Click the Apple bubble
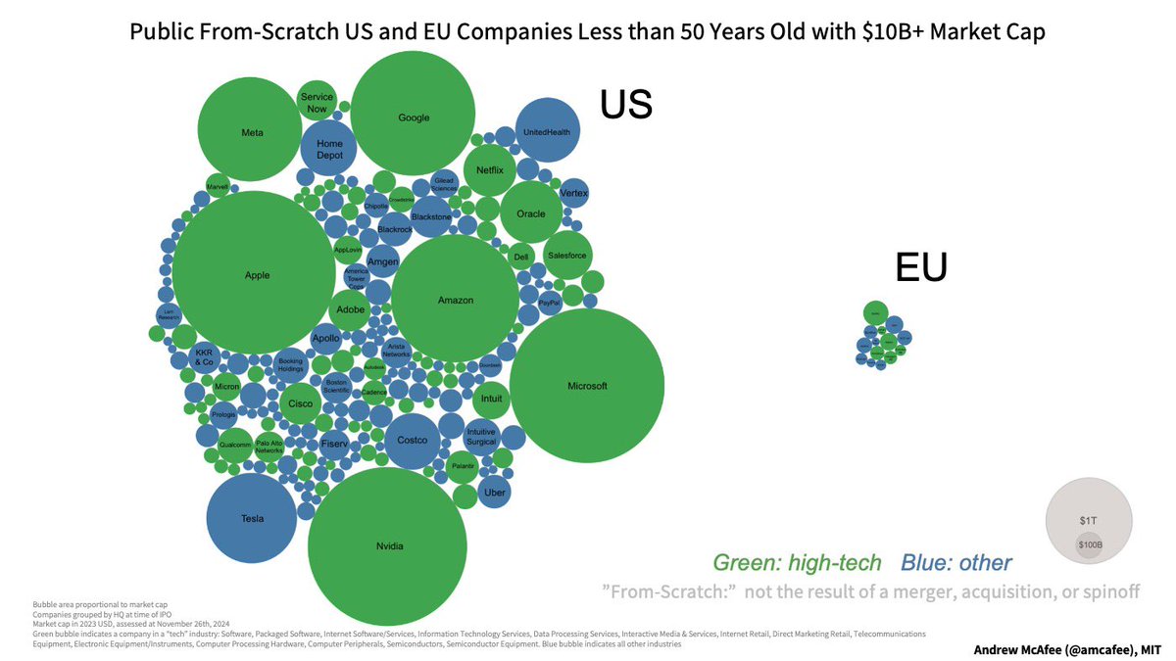[257, 275]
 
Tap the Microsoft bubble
[587, 386]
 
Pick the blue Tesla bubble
[253, 518]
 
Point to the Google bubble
[414, 118]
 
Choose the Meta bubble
[252, 132]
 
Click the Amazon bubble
[455, 300]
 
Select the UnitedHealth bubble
[548, 131]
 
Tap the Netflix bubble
[489, 169]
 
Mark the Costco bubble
[412, 441]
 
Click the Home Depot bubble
[329, 150]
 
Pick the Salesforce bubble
[566, 256]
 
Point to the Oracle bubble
[530, 213]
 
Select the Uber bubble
[495, 493]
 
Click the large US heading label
[626, 105]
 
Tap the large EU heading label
[921, 267]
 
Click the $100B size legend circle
[1089, 545]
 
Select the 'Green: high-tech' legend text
[797, 562]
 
